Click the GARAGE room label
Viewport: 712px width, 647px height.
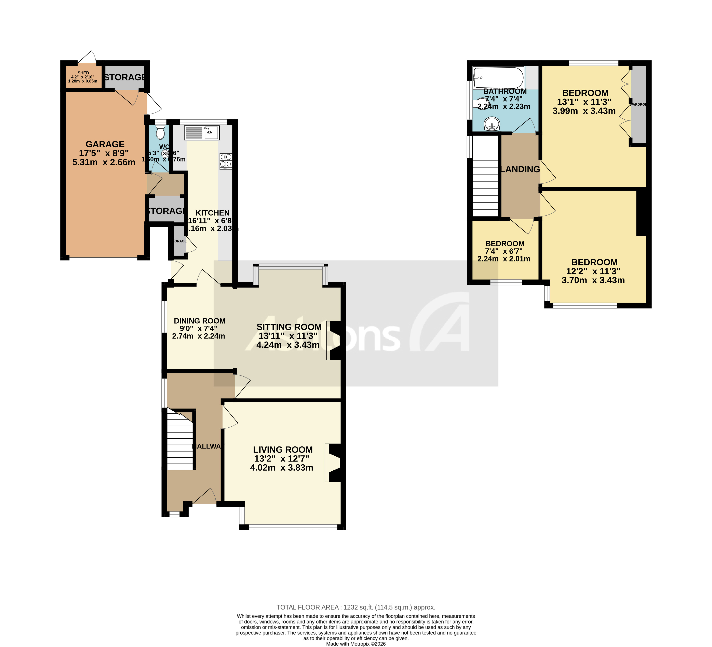pos(105,144)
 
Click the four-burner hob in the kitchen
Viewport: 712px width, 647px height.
pos(226,161)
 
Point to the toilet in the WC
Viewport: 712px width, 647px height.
pos(160,132)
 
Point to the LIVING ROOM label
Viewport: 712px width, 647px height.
pos(283,450)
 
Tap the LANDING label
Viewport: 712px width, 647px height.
pos(520,169)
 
